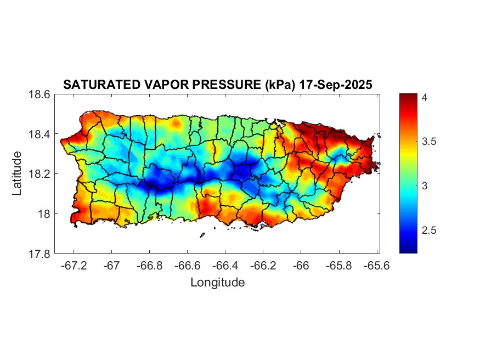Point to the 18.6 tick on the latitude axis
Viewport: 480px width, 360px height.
(39, 94)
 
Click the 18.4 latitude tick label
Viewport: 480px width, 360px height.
(39, 134)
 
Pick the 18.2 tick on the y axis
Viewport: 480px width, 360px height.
(39, 174)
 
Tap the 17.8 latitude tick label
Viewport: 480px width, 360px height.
(39, 254)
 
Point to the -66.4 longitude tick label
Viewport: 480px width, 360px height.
(225, 266)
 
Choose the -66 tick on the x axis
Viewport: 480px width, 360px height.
(301, 266)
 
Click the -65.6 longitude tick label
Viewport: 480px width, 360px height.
(376, 266)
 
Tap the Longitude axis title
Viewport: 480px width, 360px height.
(217, 283)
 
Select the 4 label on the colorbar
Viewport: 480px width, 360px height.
(424, 97)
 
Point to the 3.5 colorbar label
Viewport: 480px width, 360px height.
(429, 142)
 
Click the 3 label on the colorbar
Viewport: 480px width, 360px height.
(424, 186)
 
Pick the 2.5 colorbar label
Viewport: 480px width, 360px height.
(429, 230)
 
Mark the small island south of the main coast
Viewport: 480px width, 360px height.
(202, 235)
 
